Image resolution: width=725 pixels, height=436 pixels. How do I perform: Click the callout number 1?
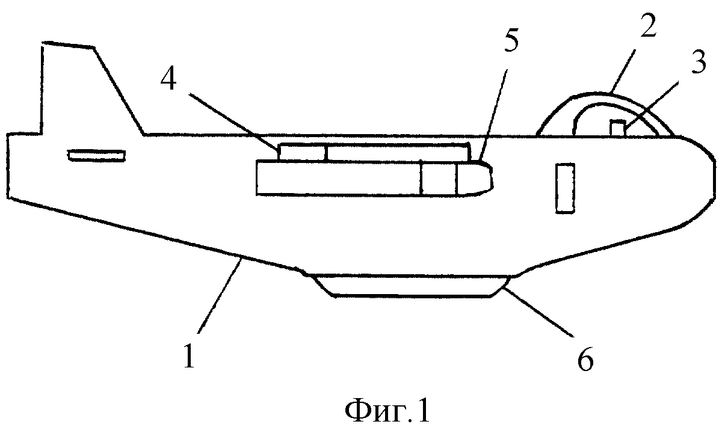[190, 356]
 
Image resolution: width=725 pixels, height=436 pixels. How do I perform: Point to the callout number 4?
[168, 79]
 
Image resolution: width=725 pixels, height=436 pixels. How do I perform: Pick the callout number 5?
[511, 40]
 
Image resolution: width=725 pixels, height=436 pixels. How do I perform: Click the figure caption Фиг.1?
[387, 411]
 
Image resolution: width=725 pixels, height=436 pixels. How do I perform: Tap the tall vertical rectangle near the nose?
[565, 188]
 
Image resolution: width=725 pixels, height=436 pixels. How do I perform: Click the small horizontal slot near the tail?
[96, 155]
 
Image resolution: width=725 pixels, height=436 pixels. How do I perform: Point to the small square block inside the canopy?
[617, 127]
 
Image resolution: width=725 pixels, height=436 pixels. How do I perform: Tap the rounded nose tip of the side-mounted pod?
[476, 179]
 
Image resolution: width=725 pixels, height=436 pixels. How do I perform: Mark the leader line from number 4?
[233, 122]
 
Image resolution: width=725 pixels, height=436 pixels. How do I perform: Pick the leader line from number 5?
[493, 115]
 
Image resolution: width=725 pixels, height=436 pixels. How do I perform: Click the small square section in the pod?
[439, 179]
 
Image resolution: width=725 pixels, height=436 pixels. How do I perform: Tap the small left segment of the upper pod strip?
[302, 152]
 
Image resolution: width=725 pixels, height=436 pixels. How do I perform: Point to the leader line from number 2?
[622, 71]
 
